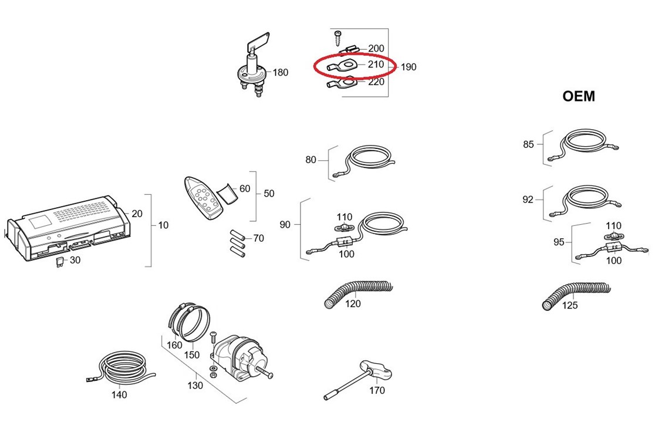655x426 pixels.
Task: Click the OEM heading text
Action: tap(578, 97)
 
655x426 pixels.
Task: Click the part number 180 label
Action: tap(281, 73)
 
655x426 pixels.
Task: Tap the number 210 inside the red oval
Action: tap(376, 64)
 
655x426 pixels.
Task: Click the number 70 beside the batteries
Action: tap(258, 239)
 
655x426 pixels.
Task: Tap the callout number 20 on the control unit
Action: tap(137, 214)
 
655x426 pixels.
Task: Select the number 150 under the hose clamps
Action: tap(191, 355)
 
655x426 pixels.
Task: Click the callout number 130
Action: tap(195, 386)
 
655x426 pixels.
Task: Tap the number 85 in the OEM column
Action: tap(528, 144)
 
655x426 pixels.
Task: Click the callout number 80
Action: tap(311, 160)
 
